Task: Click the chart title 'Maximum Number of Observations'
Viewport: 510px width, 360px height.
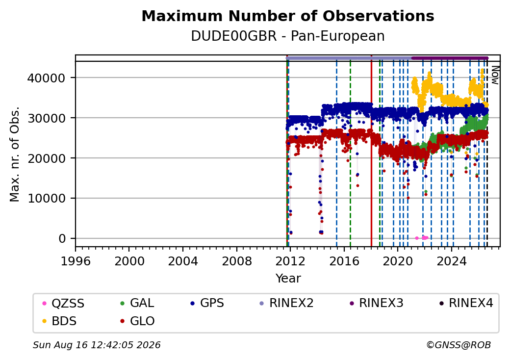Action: click(288, 16)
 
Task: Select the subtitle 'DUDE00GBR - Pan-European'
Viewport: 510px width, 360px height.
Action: click(288, 36)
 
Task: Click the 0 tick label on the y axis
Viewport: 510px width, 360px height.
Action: click(62, 239)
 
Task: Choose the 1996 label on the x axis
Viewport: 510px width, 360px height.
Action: click(76, 261)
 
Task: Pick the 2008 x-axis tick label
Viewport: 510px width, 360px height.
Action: click(236, 261)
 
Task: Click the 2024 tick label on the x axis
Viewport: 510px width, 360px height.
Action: click(452, 261)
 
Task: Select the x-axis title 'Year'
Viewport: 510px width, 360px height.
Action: click(288, 279)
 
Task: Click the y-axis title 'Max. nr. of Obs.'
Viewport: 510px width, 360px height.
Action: click(15, 154)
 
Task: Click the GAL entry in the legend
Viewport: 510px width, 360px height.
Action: click(138, 303)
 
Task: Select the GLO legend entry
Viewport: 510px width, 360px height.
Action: click(138, 321)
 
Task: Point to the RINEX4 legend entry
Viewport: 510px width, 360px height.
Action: click(466, 303)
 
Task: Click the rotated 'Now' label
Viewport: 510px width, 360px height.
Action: click(495, 75)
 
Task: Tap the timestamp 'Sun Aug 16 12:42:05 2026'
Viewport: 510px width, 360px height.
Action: click(97, 345)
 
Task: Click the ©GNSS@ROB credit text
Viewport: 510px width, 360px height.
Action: click(459, 345)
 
